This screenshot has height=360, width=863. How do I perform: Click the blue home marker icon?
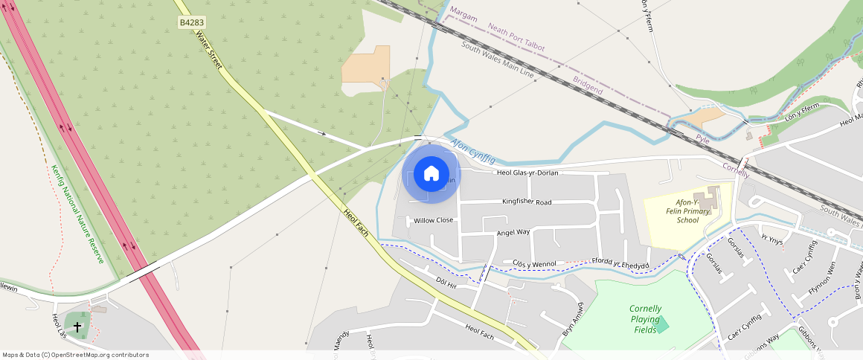pos(431,174)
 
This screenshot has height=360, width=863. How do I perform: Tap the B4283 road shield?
pos(191,23)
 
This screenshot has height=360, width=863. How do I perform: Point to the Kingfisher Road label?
pos(527,202)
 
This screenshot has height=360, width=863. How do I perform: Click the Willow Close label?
pos(434,220)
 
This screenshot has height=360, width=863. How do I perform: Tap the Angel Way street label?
pos(513,233)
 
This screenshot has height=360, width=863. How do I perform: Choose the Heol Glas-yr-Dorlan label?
pos(527,173)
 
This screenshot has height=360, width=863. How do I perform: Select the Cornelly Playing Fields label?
pos(645,319)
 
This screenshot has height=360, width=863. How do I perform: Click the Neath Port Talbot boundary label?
pos(517,37)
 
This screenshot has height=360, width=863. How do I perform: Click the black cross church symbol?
pos(77,326)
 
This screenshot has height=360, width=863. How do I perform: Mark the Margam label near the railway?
pos(464,16)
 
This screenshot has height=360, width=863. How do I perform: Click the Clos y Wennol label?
pos(535,264)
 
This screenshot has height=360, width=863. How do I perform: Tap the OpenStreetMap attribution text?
pos(76,355)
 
